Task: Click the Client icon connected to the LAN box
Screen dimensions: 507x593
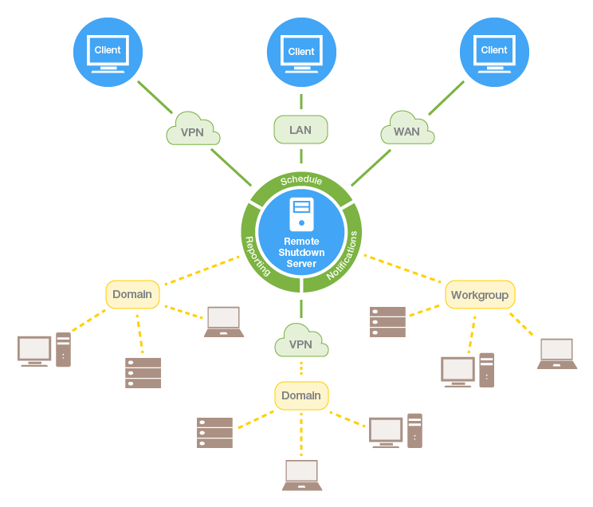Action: [x=301, y=51]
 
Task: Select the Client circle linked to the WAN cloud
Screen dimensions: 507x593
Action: [x=494, y=51]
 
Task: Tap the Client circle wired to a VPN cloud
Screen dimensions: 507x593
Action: [x=108, y=51]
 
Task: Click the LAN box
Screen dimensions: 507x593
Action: [x=301, y=130]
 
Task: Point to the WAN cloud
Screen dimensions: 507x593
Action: [x=406, y=130]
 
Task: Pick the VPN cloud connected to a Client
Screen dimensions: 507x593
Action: [x=193, y=131]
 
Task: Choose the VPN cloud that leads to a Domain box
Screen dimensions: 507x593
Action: [x=301, y=344]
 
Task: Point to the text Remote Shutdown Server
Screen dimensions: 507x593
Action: [x=301, y=253]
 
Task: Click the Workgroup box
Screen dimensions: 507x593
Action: [x=480, y=295]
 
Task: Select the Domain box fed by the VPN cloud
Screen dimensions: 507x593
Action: [x=301, y=395]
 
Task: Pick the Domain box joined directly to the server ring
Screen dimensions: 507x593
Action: [x=132, y=294]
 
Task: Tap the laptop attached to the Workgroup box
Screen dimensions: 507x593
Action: [x=557, y=353]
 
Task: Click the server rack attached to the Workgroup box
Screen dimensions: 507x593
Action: [x=388, y=322]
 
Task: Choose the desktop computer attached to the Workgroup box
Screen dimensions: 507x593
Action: [x=468, y=371]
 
